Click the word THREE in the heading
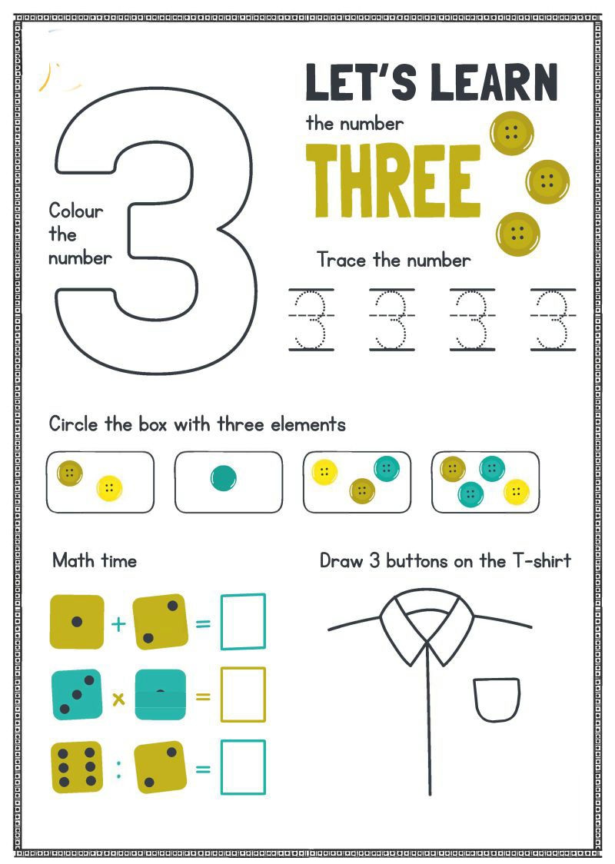click(x=394, y=181)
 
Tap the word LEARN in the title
click(x=494, y=82)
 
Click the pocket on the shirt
click(x=497, y=700)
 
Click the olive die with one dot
click(x=77, y=622)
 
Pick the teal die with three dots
click(x=77, y=695)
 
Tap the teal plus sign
click(x=118, y=623)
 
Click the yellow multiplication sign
click(x=118, y=700)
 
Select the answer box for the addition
click(x=243, y=622)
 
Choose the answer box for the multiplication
click(x=243, y=694)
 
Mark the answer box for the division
click(x=243, y=768)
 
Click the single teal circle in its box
click(x=224, y=477)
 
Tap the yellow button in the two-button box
click(x=109, y=488)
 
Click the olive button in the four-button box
click(x=453, y=470)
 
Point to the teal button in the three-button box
click(x=387, y=469)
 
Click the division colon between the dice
click(x=118, y=769)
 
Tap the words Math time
click(x=95, y=561)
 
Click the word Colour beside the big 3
click(x=76, y=211)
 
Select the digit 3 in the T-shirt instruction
click(x=374, y=561)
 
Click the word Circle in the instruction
click(x=74, y=424)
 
